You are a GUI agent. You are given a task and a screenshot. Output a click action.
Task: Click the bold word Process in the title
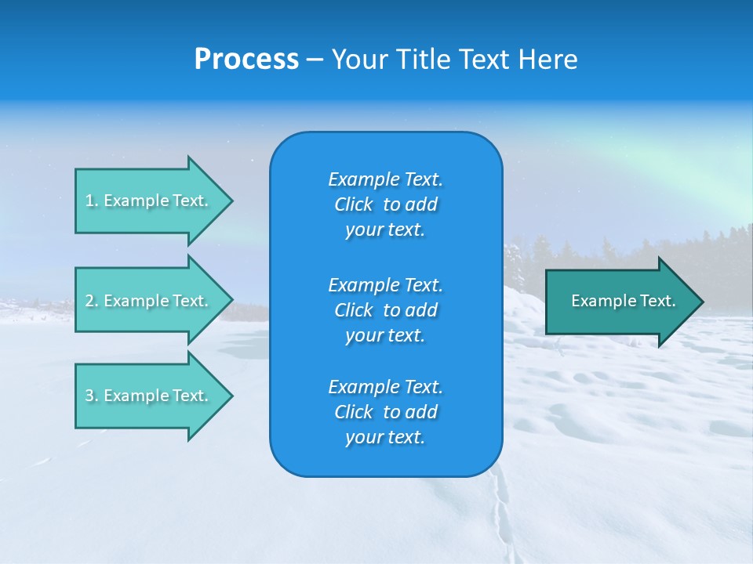click(x=246, y=60)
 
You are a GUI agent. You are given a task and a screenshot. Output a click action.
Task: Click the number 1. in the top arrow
click(x=91, y=201)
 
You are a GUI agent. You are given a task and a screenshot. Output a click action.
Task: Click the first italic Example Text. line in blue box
click(x=385, y=179)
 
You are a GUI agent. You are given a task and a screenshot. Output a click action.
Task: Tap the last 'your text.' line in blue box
click(x=385, y=437)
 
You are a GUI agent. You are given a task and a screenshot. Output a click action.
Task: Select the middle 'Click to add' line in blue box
click(x=385, y=310)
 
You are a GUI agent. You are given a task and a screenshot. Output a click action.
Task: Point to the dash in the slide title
click(x=315, y=60)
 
